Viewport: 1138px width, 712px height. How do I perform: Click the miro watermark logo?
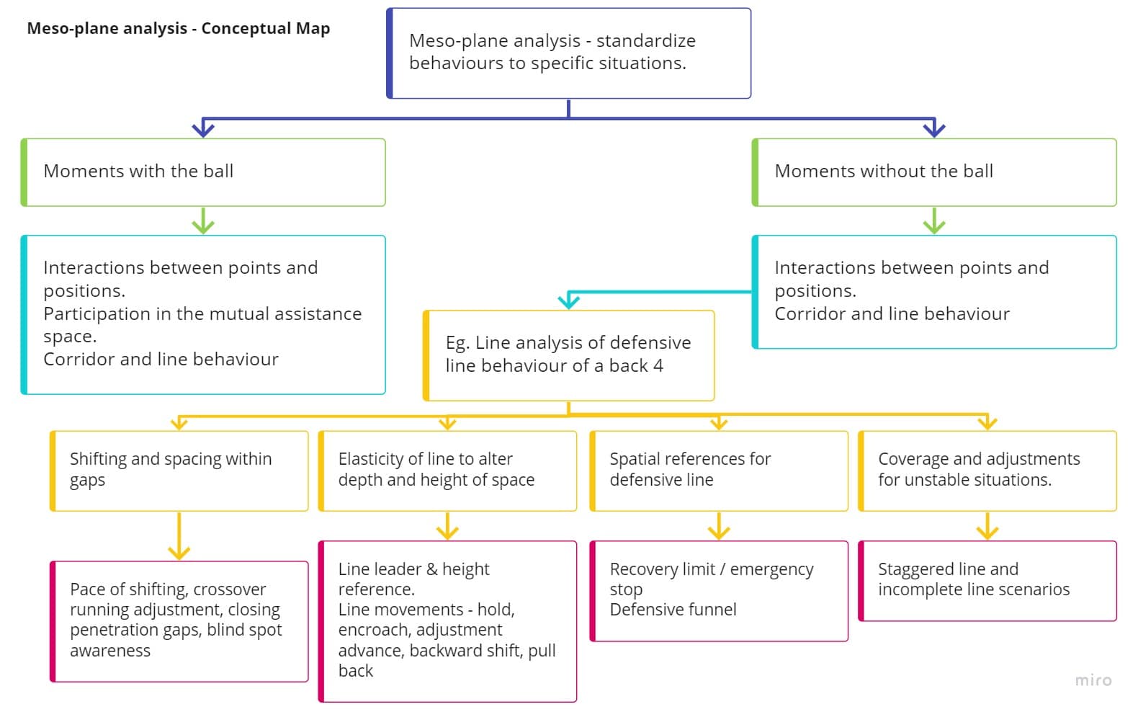click(1093, 680)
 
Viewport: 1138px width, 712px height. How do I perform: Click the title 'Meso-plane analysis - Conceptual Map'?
click(178, 29)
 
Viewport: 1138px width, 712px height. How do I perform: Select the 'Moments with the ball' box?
click(203, 172)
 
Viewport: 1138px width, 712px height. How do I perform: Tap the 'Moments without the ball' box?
click(934, 172)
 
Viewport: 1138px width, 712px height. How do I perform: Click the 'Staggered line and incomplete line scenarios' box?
click(987, 581)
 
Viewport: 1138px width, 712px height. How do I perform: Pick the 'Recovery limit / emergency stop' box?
click(719, 591)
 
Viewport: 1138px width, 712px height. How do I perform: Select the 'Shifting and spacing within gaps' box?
click(179, 471)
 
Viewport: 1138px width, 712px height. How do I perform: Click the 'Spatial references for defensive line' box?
click(719, 471)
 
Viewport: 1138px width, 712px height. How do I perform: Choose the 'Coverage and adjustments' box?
click(987, 471)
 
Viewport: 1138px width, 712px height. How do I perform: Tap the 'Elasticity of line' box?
click(447, 471)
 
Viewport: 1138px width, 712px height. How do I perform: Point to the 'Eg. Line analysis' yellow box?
click(568, 355)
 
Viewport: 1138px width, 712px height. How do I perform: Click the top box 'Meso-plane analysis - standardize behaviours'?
click(568, 53)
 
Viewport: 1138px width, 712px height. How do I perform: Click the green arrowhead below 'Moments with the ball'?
click(203, 225)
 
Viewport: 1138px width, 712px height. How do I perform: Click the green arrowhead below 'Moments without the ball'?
click(934, 225)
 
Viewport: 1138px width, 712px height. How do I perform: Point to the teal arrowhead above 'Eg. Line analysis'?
click(569, 301)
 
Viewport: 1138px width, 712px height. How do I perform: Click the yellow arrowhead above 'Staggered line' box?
click(987, 532)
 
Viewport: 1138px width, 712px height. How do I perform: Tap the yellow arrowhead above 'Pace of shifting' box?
click(179, 551)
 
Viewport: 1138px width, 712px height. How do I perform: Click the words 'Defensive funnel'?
click(673, 610)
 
